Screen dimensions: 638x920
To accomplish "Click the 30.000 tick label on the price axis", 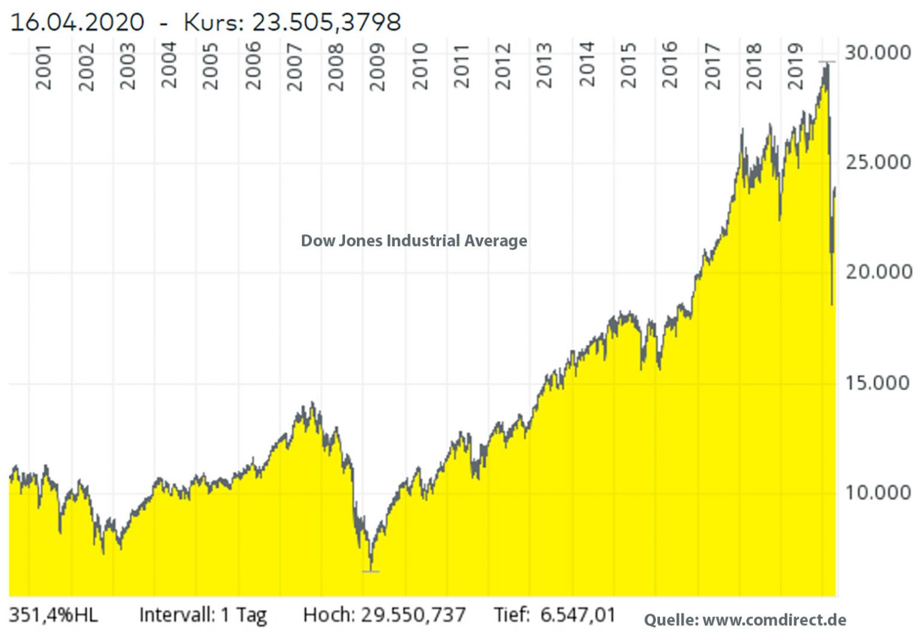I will click(x=877, y=53).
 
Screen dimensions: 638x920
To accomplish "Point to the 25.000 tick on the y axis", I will click(x=877, y=162).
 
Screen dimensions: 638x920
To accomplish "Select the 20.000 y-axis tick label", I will click(x=877, y=272).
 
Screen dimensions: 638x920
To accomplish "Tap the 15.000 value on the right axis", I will click(x=877, y=383).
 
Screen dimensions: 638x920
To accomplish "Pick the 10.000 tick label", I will click(x=877, y=492).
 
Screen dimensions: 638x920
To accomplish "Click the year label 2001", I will click(x=43, y=66).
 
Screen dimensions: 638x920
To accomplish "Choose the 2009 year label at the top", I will click(x=377, y=66).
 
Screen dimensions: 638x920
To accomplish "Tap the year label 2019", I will click(x=795, y=66).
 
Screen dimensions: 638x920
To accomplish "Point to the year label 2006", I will click(x=253, y=66).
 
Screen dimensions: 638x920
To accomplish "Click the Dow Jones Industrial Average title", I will click(x=414, y=241).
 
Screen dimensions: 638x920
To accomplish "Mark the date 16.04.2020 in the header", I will click(x=77, y=23).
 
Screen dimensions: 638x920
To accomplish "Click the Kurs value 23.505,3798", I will click(x=326, y=23).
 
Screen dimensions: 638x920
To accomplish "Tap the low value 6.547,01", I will click(x=577, y=615).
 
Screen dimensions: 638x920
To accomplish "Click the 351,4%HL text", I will click(x=53, y=615).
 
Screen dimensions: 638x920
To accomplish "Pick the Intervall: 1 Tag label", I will click(x=202, y=615).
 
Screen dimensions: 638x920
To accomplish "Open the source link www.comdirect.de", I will click(x=774, y=619).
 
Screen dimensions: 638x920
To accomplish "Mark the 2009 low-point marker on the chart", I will click(x=371, y=572).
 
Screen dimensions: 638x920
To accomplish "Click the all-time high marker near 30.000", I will click(x=827, y=62).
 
